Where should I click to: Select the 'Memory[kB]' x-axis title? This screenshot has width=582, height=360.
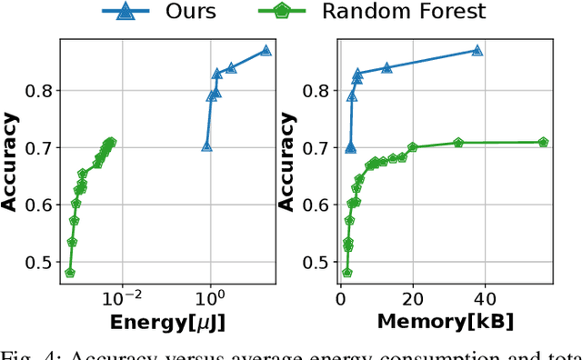pyautogui.click(x=446, y=323)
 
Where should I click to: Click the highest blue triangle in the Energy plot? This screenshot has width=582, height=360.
pyautogui.click(x=266, y=51)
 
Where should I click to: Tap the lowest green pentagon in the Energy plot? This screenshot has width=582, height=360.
pyautogui.click(x=70, y=273)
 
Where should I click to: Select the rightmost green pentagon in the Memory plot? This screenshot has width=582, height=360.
pyautogui.click(x=543, y=142)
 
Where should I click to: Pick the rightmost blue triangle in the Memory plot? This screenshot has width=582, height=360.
pyautogui.click(x=477, y=51)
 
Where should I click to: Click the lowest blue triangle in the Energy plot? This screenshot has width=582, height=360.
pyautogui.click(x=206, y=146)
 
